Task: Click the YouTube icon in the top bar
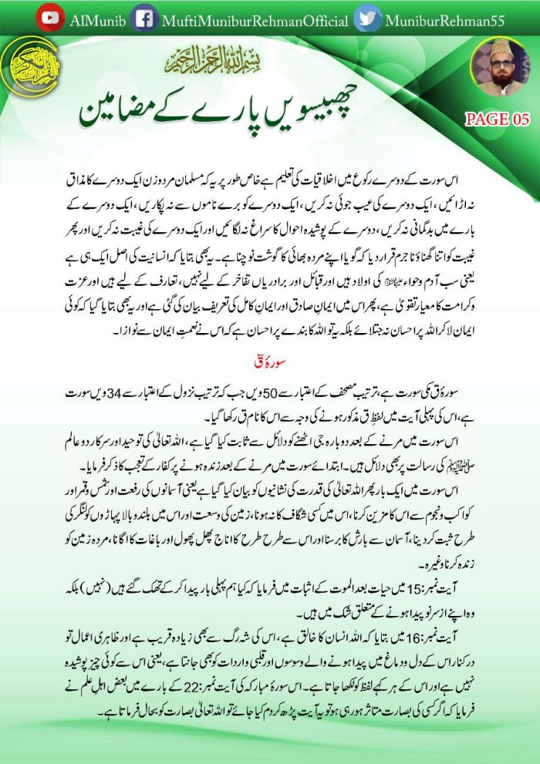point(50,17)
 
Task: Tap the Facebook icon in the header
point(143,17)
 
